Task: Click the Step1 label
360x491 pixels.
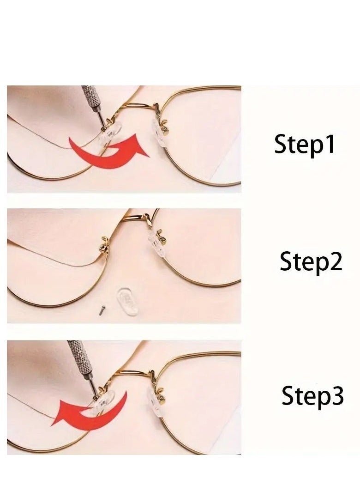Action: click(x=304, y=144)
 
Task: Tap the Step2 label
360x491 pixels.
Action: click(x=311, y=262)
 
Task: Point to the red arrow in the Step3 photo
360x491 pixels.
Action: click(x=88, y=409)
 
